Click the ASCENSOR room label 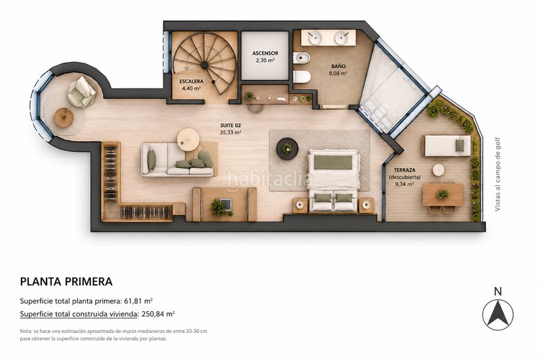[265, 53]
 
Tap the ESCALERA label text [191, 82]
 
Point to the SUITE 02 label [230, 126]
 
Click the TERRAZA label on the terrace [404, 170]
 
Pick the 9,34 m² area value [404, 184]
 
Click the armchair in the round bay [82, 92]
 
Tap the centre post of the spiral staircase [205, 64]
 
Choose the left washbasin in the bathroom [315, 38]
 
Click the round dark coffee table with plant [287, 149]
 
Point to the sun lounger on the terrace [447, 146]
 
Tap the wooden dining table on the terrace [443, 195]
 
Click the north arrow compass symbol [497, 315]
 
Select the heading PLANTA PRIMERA [66, 282]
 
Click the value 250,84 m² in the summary [158, 314]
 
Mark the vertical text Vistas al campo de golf [497, 174]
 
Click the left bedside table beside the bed [300, 205]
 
